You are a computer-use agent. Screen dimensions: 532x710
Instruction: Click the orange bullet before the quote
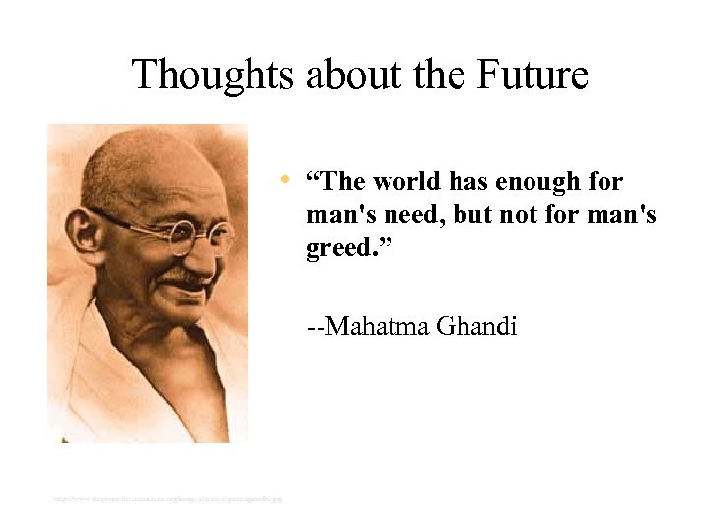(x=283, y=180)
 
